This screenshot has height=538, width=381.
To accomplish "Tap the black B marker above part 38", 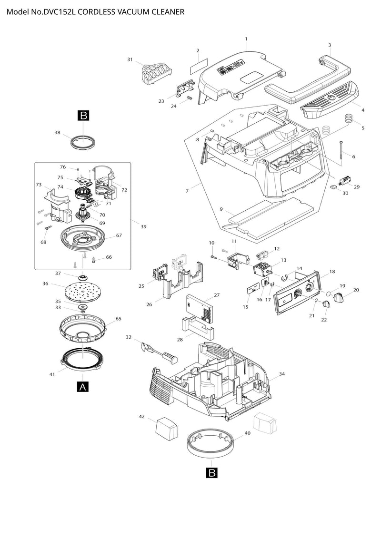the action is pyautogui.click(x=83, y=116).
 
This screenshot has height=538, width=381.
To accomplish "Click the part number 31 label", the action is pyautogui.click(x=130, y=59).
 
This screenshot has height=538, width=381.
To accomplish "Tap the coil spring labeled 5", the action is pyautogui.click(x=349, y=119).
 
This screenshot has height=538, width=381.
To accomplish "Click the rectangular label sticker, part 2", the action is pyautogui.click(x=199, y=66).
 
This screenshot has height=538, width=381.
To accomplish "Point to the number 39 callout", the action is pyautogui.click(x=144, y=226).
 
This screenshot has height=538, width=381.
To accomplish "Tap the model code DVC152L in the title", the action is pyautogui.click(x=60, y=12).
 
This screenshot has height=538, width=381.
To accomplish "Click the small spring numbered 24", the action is pyautogui.click(x=189, y=98).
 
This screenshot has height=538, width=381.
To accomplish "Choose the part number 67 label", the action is pyautogui.click(x=119, y=235).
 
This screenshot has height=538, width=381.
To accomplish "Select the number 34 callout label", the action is pyautogui.click(x=282, y=374).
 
